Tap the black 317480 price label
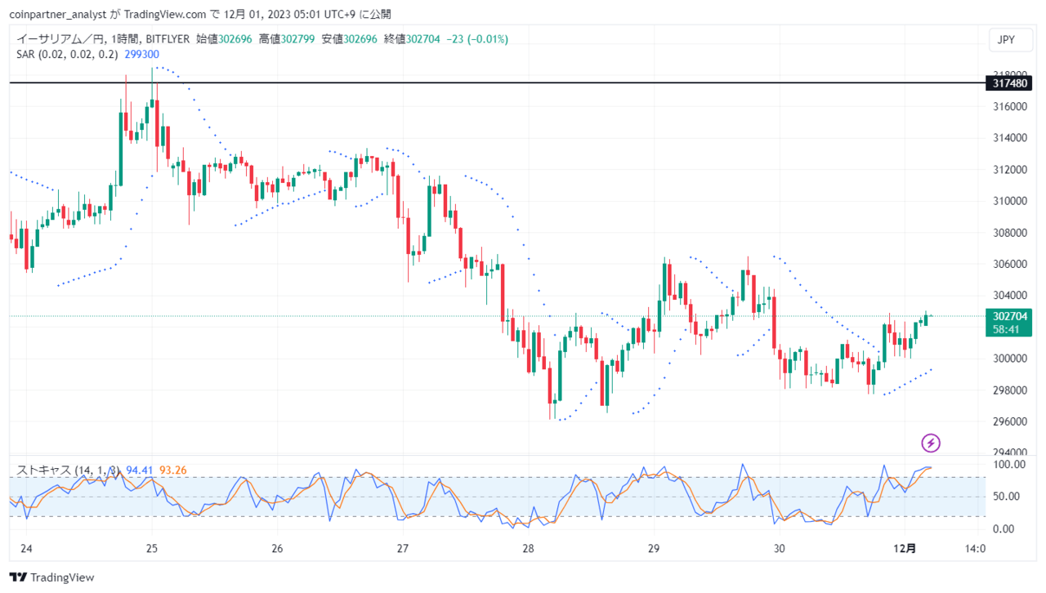pos(1008,83)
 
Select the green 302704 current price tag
pos(1008,323)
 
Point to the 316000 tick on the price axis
pos(1010,106)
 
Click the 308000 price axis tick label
pos(1010,233)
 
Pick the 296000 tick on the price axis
pos(1010,421)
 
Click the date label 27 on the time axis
pos(403,548)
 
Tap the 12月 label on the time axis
pos(905,548)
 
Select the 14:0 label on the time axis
pos(975,548)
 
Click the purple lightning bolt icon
pos(931,443)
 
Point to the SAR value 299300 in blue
pos(142,55)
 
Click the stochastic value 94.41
pos(139,470)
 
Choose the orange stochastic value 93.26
pos(172,470)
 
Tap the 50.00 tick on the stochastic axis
pos(1006,497)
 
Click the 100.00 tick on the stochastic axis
pos(1009,465)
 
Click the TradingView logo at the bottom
pos(51,577)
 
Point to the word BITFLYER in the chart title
pos(168,39)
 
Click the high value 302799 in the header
pos(297,39)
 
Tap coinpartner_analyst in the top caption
pos(58,15)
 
